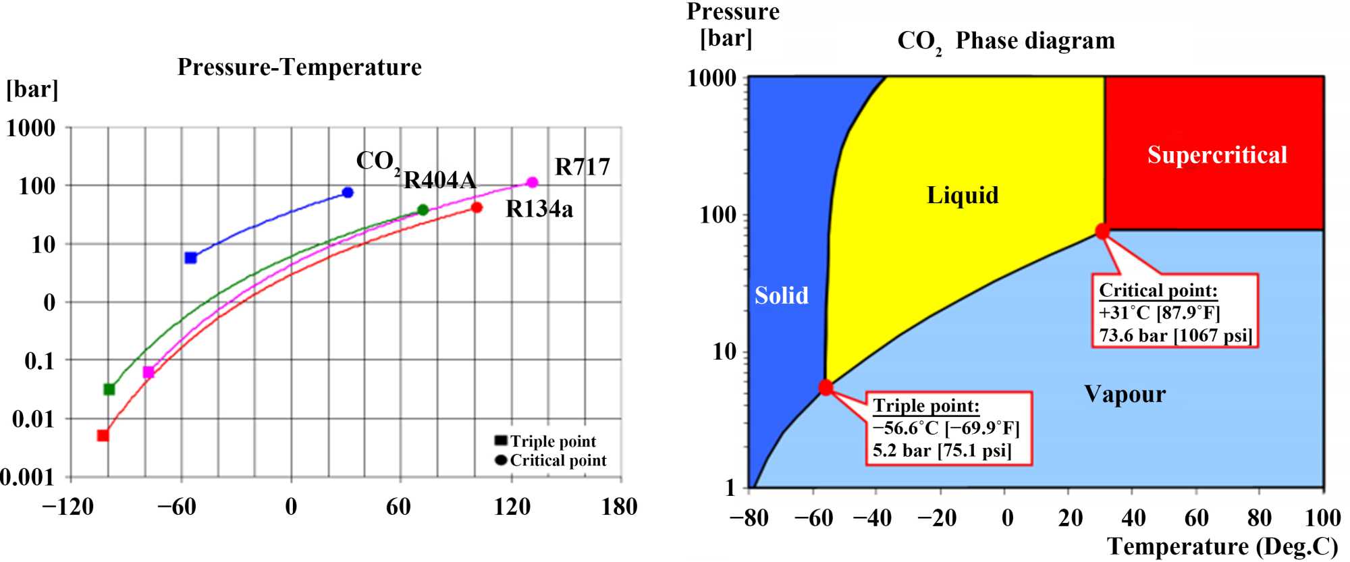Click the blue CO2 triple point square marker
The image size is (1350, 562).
point(190,258)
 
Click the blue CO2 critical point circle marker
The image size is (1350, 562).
point(348,192)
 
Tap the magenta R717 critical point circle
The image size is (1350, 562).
point(532,182)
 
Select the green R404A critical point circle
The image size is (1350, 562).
point(423,210)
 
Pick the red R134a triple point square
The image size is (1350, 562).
point(103,435)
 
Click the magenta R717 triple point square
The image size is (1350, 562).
point(148,372)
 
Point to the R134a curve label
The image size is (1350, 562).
point(539,210)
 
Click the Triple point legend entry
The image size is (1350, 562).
point(552,441)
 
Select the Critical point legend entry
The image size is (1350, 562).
point(558,460)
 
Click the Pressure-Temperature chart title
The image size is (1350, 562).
point(299,67)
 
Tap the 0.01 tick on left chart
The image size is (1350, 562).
point(33,419)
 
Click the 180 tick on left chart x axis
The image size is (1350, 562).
point(619,507)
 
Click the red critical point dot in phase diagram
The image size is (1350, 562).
point(1102,231)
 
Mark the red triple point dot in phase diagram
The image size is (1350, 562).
point(826,387)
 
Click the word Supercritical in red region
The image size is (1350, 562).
point(1217,155)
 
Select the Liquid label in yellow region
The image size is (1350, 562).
point(963,195)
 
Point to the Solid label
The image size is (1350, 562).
point(781,296)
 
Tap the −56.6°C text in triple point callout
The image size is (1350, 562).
point(905,428)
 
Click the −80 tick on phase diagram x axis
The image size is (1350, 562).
point(749,518)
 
